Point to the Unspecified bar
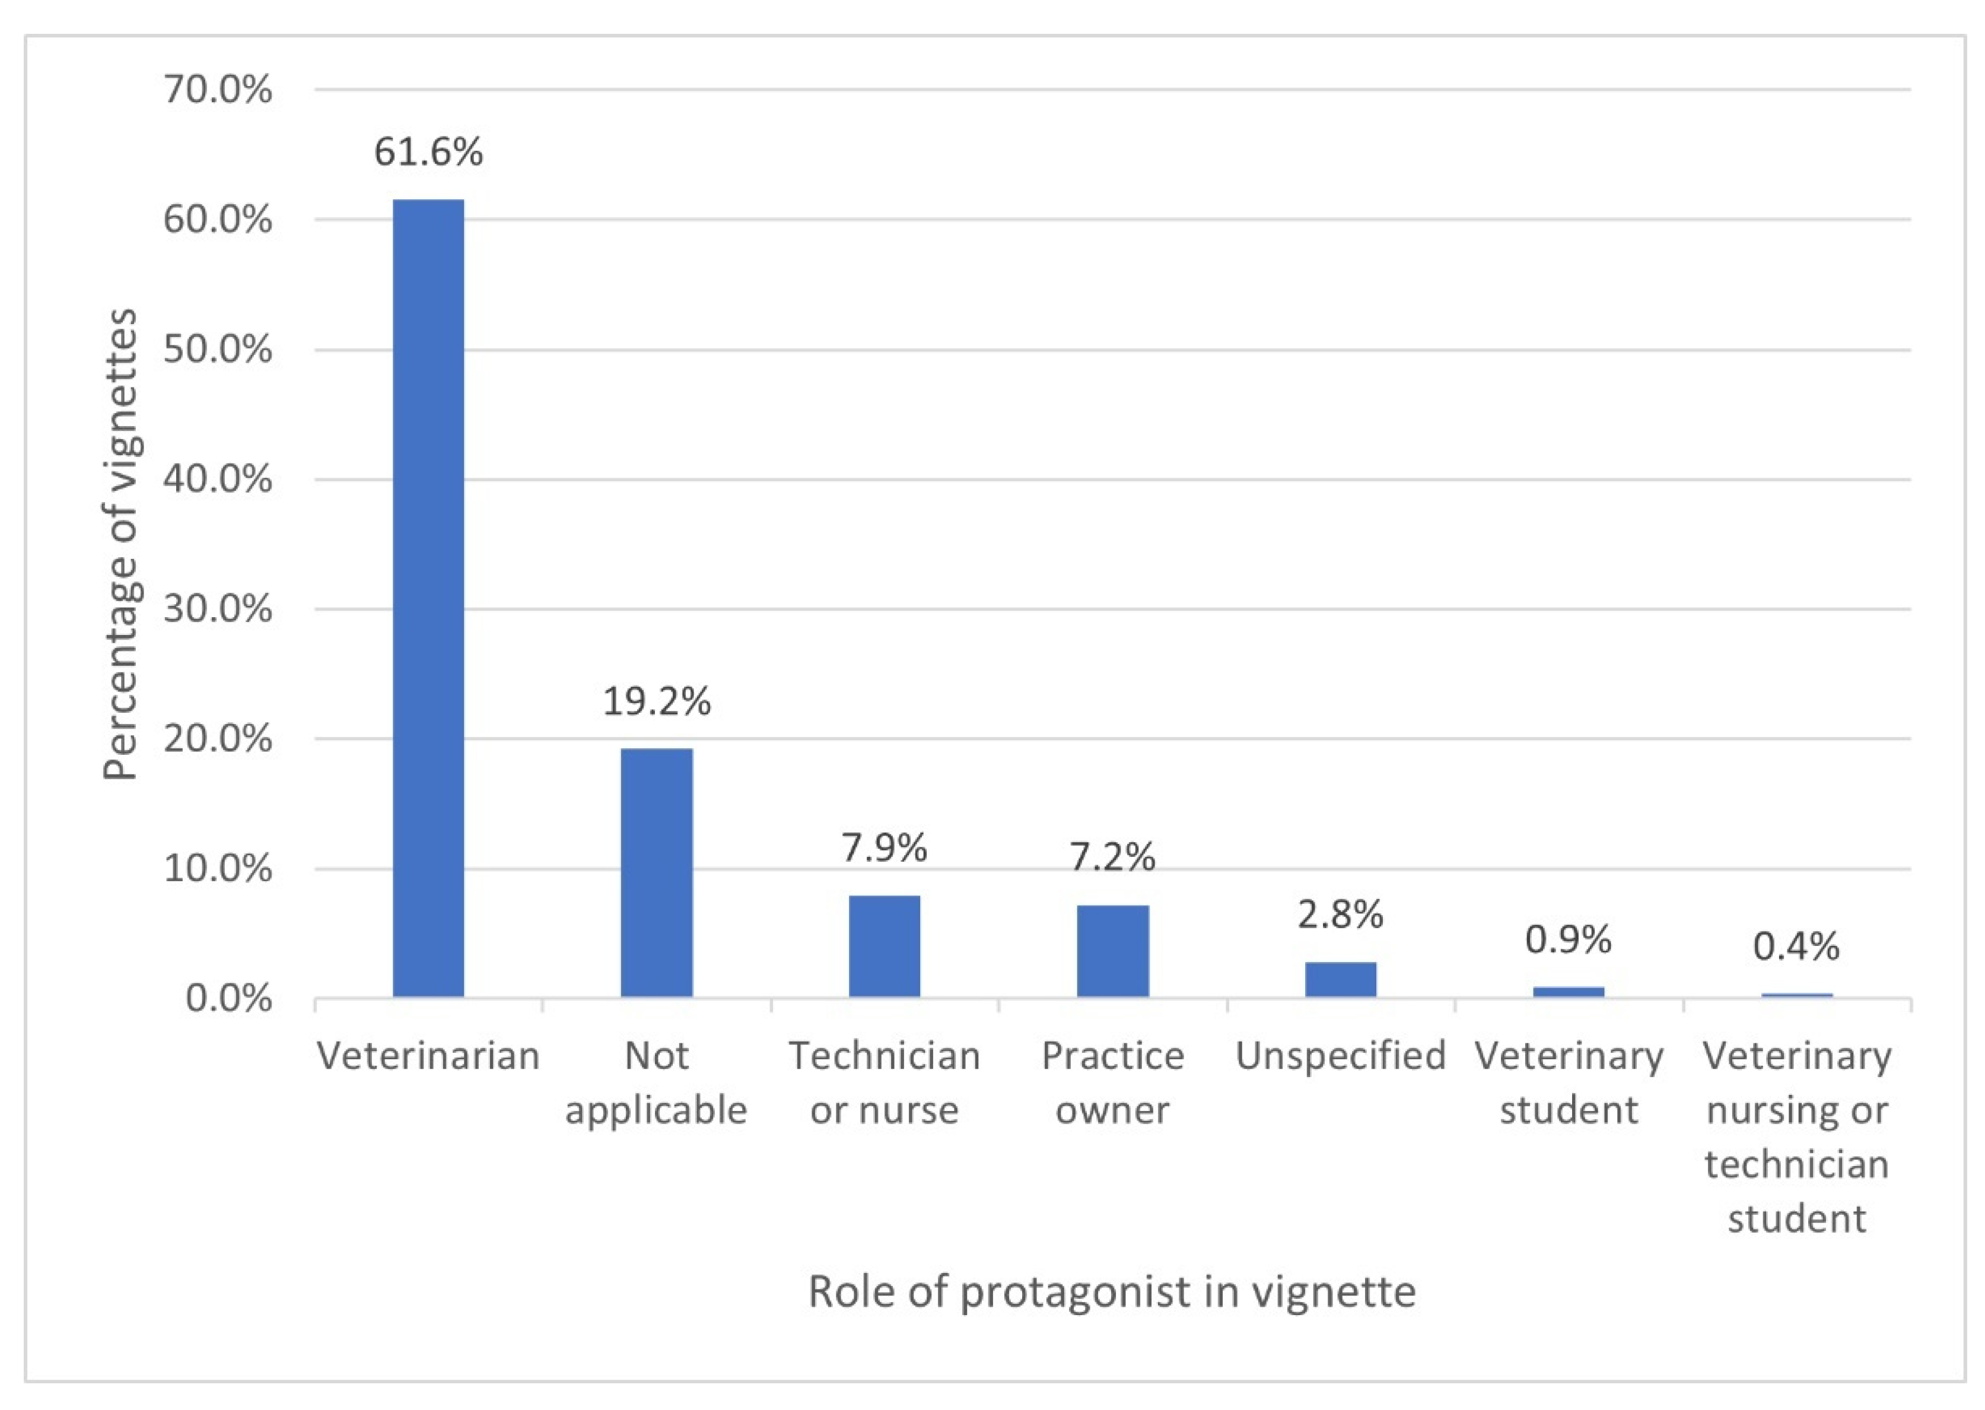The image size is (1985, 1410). [1340, 979]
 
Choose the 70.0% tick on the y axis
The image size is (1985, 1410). [217, 90]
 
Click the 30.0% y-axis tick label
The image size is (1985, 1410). [217, 609]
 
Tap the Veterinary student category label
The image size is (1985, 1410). [1569, 1082]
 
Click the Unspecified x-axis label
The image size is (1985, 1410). [1340, 1056]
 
